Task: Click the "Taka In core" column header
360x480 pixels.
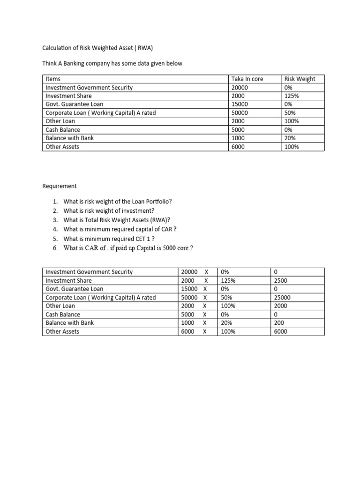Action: [247, 79]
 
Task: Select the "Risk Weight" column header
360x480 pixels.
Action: [300, 79]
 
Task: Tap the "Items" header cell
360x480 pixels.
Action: [53, 79]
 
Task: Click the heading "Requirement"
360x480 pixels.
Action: [60, 186]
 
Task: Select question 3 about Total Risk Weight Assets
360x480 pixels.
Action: [116, 220]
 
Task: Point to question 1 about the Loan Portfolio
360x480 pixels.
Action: [118, 201]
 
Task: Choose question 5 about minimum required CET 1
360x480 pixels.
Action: [109, 239]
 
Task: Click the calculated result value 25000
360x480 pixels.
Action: [282, 298]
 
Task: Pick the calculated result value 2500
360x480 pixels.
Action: [280, 280]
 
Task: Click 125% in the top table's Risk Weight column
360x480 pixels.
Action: [291, 96]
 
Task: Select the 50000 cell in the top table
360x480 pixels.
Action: [240, 113]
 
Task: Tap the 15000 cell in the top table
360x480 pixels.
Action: [240, 104]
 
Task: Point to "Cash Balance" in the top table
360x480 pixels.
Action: [63, 130]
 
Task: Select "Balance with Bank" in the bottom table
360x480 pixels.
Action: [69, 323]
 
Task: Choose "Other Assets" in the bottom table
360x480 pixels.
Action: [62, 331]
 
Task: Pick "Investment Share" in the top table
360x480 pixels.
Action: [68, 96]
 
